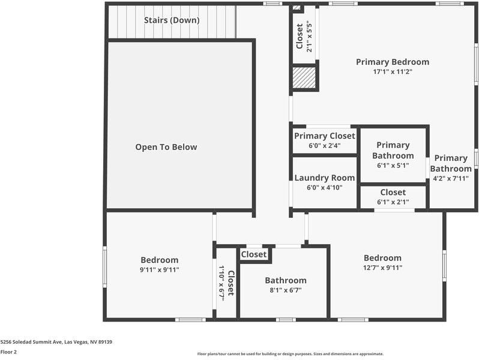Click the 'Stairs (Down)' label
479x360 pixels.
coord(172,20)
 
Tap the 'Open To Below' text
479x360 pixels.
coord(166,147)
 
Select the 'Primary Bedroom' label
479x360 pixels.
coord(393,62)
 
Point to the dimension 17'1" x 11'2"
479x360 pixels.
coord(393,71)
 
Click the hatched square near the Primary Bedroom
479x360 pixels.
coord(304,77)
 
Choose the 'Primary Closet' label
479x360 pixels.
coord(325,136)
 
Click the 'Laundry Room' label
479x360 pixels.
coord(325,178)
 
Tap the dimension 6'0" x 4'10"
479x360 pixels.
coord(325,188)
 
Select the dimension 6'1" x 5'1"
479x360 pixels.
coord(393,165)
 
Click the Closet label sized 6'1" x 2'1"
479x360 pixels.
coord(393,193)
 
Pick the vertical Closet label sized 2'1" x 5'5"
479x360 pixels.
coord(300,37)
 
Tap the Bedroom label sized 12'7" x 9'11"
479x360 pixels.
coord(382,258)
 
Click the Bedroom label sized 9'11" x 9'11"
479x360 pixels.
coord(160,260)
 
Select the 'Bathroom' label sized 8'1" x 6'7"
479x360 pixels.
coord(286,281)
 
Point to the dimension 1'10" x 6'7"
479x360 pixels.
coord(221,281)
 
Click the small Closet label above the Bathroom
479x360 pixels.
coord(254,254)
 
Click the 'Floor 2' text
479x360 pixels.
coord(8,352)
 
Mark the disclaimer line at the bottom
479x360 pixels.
coord(291,354)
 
